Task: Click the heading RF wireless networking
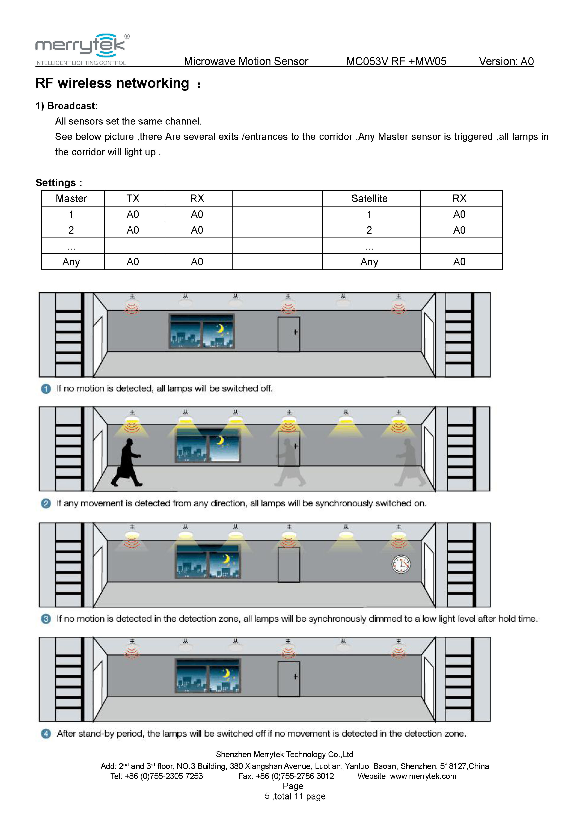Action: click(x=112, y=83)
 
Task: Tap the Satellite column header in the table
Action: click(x=369, y=198)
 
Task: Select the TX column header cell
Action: click(x=133, y=198)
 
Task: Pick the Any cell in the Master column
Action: click(x=71, y=262)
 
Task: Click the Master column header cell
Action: click(x=71, y=198)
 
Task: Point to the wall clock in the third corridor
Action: click(x=401, y=564)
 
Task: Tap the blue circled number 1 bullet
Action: click(x=46, y=389)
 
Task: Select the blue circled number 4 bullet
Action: click(x=46, y=734)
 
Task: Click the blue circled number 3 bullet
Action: click(x=46, y=619)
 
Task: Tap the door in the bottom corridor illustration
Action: click(x=289, y=679)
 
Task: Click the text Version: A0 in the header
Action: click(x=506, y=61)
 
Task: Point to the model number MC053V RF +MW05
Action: click(x=396, y=61)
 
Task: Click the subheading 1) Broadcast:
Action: click(x=67, y=106)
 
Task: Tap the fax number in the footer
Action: click(x=295, y=776)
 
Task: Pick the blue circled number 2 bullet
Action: click(x=46, y=503)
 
